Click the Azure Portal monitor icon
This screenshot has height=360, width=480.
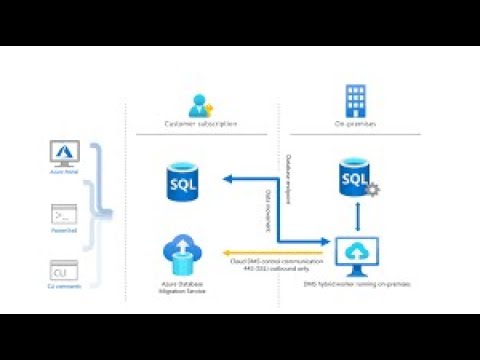pos(63,153)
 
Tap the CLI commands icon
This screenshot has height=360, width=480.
pos(63,269)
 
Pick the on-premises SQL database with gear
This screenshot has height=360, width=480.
pos(356,178)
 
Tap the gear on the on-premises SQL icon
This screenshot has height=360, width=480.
pos(372,189)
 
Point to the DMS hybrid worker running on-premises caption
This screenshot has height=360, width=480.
pos(356,286)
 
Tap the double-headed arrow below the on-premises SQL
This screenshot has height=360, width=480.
pos(356,216)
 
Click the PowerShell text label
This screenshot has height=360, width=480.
pos(63,232)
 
